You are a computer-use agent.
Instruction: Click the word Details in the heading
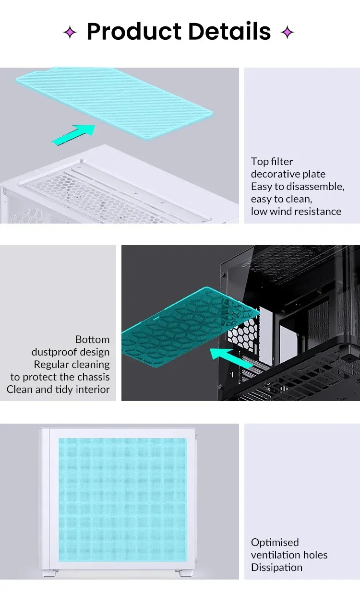point(229,32)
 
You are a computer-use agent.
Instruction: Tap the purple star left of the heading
point(70,32)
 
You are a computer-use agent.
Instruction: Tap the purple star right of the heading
point(287,32)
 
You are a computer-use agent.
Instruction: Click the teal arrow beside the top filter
point(73,134)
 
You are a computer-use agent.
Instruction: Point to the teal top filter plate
point(114,103)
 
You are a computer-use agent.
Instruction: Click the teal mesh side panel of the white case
point(123,499)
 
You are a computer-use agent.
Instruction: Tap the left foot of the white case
point(50,573)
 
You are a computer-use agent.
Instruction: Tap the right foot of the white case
point(183,573)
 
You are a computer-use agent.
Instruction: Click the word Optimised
point(275,543)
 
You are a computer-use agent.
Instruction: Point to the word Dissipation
point(276,567)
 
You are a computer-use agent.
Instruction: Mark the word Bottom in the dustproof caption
point(93,339)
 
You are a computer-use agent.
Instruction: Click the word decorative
point(275,174)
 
